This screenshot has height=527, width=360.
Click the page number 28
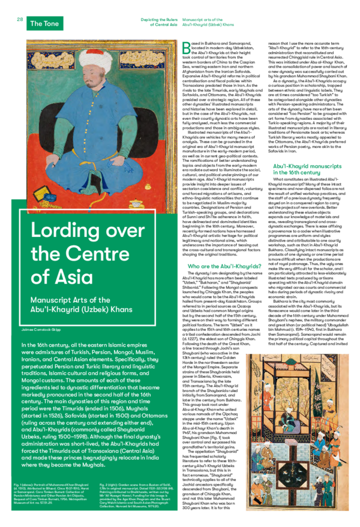[19, 19]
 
